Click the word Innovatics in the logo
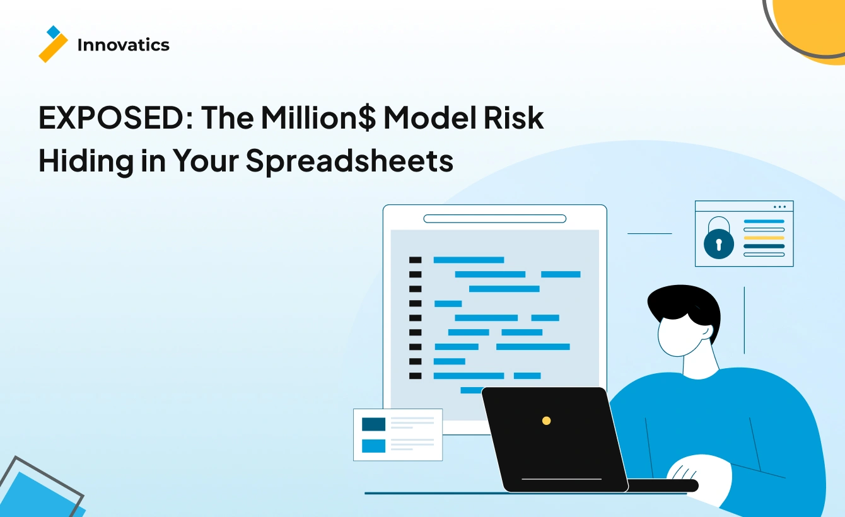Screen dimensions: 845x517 click(124, 45)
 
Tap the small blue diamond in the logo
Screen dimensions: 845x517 click(54, 32)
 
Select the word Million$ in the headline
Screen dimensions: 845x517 click(318, 118)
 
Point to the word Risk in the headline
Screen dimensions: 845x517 click(514, 117)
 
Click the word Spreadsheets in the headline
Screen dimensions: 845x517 click(349, 161)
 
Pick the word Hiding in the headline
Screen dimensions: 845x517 click(86, 161)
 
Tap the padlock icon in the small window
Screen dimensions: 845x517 click(719, 238)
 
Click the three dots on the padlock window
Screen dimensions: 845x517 click(779, 207)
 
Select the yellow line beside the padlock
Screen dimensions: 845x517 click(764, 238)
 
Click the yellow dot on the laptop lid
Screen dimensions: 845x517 click(546, 421)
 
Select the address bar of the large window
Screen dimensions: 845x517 click(494, 219)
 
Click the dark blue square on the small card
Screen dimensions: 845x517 click(373, 424)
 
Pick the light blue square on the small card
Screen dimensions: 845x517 click(373, 446)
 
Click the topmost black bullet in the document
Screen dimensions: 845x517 click(416, 260)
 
